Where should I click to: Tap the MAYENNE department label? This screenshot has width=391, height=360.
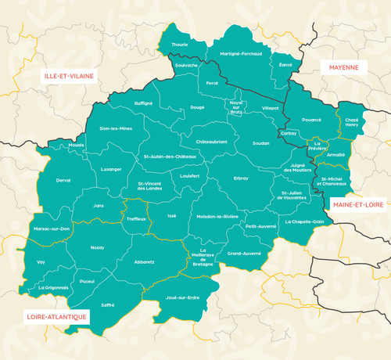pos(343,68)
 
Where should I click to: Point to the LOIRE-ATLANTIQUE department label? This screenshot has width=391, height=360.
pos(49,318)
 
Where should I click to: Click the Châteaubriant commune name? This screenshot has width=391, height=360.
pos(211,142)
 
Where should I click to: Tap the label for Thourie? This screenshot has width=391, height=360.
pos(180,45)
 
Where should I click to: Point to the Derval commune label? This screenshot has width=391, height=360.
pos(63,180)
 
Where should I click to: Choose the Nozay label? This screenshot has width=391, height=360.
pos(97,247)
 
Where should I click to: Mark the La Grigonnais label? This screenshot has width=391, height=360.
pos(53,287)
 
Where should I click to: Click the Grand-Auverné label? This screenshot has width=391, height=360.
pos(244,254)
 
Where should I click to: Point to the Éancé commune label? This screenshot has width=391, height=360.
pos(285,65)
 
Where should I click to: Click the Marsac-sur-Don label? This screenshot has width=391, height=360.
pos(52,228)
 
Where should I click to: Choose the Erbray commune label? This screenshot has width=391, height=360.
pos(241,178)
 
